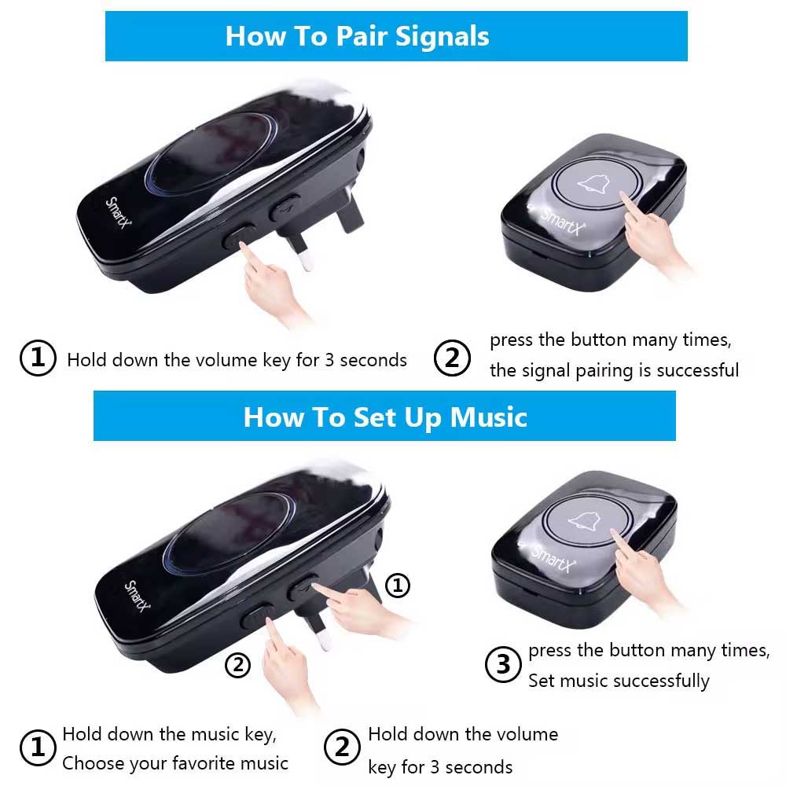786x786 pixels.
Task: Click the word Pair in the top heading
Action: pyautogui.click(x=361, y=36)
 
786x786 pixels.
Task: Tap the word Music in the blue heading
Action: pyautogui.click(x=489, y=417)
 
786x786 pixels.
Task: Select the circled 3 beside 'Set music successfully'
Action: pyautogui.click(x=503, y=665)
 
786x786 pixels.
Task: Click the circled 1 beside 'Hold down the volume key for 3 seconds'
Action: pyautogui.click(x=38, y=358)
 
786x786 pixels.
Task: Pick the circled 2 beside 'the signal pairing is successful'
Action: pyautogui.click(x=452, y=358)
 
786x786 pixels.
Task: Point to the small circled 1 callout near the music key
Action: pyautogui.click(x=398, y=585)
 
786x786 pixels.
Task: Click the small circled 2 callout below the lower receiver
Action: pyautogui.click(x=237, y=665)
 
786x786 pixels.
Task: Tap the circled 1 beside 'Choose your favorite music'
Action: pyautogui.click(x=38, y=747)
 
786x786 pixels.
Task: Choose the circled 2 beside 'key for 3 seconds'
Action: pyautogui.click(x=342, y=747)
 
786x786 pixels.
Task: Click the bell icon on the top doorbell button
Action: pyautogui.click(x=593, y=184)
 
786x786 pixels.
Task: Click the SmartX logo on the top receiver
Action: pyautogui.click(x=119, y=212)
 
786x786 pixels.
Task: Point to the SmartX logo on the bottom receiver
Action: pyautogui.click(x=137, y=596)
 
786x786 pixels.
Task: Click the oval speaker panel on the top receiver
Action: pyautogui.click(x=212, y=153)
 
